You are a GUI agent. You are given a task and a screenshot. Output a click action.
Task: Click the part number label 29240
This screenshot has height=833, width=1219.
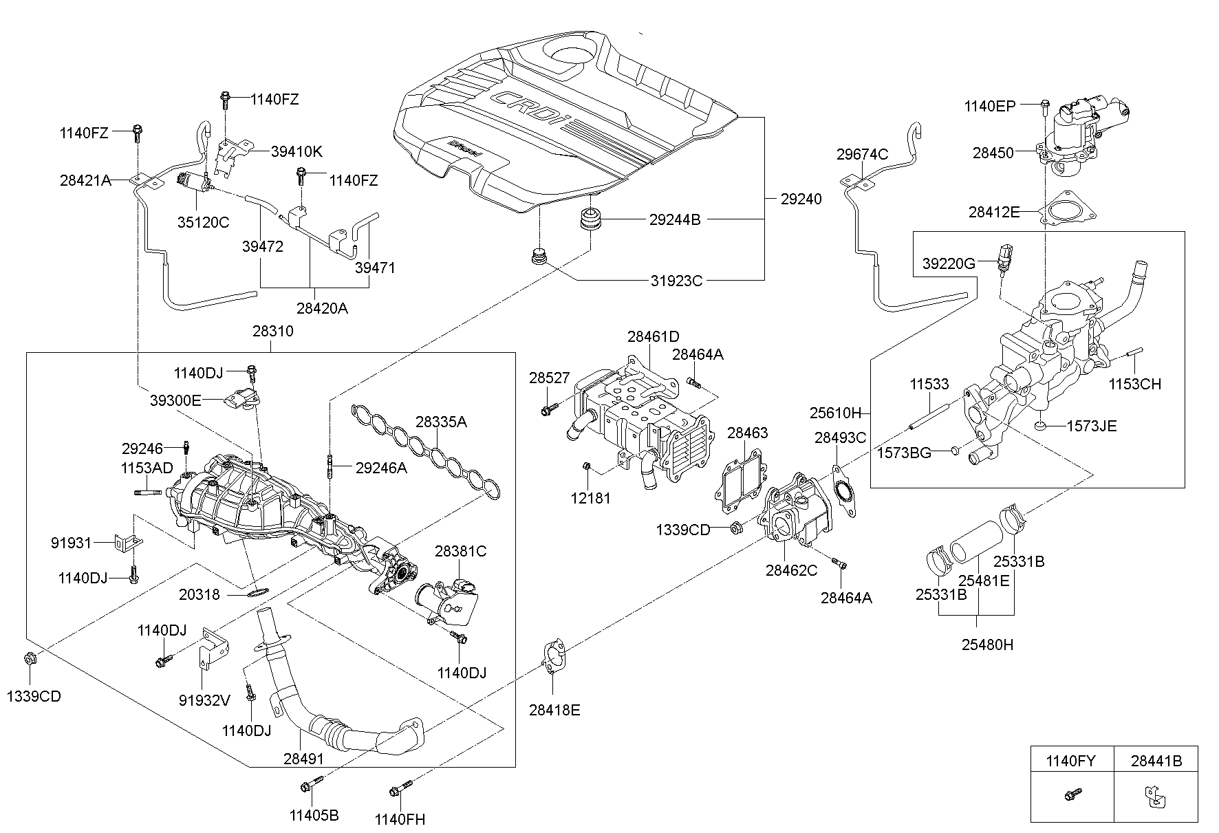point(801,199)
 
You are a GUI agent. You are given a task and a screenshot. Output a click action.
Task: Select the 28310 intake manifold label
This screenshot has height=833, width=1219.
point(272,332)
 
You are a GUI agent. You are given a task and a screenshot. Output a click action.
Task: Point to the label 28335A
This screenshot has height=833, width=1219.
point(441,422)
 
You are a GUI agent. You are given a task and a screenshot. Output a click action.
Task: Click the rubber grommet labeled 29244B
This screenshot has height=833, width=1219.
point(590,219)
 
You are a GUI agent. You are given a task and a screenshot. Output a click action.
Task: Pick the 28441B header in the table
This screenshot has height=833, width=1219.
point(1156,761)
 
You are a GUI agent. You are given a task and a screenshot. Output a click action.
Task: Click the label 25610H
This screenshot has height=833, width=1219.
point(835,413)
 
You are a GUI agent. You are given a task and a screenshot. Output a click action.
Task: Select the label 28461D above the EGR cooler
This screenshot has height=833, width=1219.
point(653,336)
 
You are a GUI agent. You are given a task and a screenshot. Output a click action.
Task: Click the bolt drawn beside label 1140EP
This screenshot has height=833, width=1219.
point(1045,107)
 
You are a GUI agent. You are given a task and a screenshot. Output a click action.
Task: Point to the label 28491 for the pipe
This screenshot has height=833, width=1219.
point(303,759)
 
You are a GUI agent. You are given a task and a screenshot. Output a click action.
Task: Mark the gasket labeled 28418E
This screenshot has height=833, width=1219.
point(555,655)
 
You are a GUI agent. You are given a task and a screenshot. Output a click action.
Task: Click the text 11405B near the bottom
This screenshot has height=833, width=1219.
point(314,816)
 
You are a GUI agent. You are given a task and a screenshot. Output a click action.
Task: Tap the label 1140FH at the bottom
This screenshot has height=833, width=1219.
point(400,819)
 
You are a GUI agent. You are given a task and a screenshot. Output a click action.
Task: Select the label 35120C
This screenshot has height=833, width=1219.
point(203,222)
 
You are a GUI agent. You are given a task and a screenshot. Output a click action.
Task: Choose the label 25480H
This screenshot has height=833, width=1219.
point(988,645)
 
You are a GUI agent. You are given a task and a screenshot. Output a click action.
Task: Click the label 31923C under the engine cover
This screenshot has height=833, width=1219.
point(676,280)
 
